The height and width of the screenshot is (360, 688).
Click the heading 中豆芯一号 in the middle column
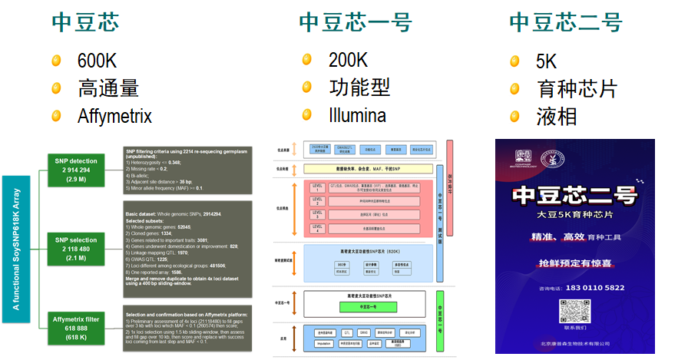355,22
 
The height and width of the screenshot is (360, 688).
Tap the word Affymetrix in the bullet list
114,117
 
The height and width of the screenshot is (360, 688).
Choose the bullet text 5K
546,61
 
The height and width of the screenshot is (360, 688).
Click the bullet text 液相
557,117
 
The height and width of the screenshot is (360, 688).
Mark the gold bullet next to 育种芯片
514,89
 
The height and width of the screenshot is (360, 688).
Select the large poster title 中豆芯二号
575,195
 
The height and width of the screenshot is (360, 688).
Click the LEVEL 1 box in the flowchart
317,187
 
